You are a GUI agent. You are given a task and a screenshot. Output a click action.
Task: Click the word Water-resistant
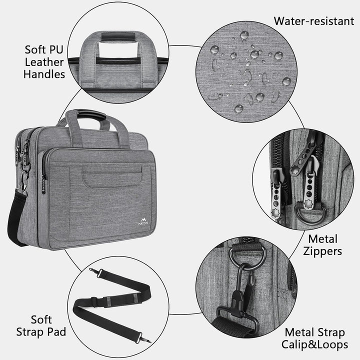click(314, 21)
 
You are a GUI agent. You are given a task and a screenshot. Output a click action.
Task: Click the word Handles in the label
click(44, 74)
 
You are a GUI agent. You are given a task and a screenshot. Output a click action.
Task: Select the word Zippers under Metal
click(322, 251)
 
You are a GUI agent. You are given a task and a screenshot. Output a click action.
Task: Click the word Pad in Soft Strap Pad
click(56, 331)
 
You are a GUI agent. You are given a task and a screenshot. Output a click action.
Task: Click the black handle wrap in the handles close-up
click(118, 36)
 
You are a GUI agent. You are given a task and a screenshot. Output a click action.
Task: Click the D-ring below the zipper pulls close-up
click(310, 214)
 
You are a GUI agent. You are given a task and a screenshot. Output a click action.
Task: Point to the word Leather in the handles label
click(44, 62)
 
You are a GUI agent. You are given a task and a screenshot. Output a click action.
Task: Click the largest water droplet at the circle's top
click(244, 35)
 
